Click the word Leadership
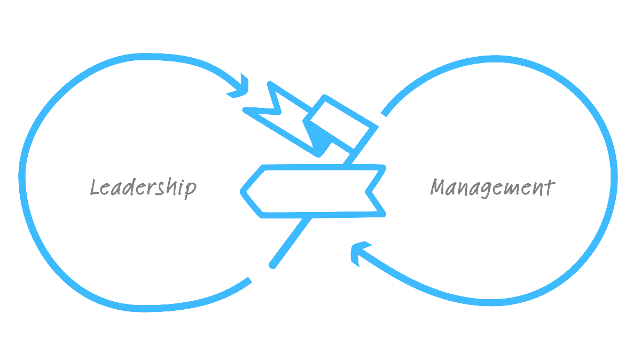point(143,188)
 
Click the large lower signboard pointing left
point(315,191)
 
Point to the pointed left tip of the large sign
point(243,191)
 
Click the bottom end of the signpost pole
point(272,264)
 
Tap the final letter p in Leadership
point(190,189)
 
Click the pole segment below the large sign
point(291,240)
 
